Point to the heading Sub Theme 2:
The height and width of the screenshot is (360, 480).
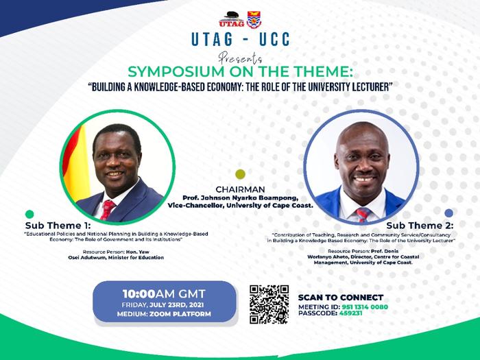(x=420, y=225)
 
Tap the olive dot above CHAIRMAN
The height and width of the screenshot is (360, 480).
(x=239, y=174)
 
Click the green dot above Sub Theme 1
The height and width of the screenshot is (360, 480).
(x=29, y=214)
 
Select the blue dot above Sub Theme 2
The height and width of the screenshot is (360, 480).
(x=448, y=213)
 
